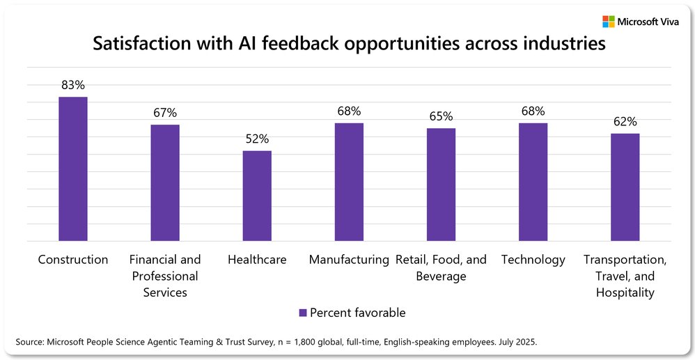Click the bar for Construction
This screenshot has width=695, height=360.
[72, 169]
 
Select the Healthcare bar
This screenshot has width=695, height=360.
[257, 196]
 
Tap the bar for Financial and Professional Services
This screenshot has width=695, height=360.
[165, 182]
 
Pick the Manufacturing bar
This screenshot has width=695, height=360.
[349, 182]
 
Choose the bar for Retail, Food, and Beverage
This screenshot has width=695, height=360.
[441, 185]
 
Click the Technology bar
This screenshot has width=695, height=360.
[533, 182]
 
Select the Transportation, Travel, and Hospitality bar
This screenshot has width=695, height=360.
[625, 187]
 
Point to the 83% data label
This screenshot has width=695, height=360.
[72, 85]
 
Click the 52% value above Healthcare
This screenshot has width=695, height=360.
[257, 139]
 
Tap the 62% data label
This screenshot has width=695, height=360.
[625, 121]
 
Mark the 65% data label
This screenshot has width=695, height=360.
[441, 116]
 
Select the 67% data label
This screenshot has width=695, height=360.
[165, 112]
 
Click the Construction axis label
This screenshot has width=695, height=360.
[73, 260]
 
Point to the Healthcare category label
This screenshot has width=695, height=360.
[257, 260]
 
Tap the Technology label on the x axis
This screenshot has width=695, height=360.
[533, 260]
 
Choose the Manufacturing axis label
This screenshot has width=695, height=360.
[349, 260]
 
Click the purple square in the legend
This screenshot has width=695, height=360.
[302, 313]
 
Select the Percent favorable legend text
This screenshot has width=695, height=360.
[357, 313]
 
